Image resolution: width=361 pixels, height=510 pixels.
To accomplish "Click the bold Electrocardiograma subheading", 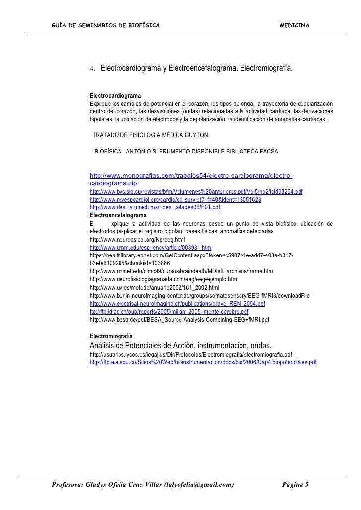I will tap(115, 95).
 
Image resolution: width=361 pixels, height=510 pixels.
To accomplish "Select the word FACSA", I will tap(267, 151).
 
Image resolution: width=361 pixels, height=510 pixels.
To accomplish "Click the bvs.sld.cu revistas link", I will tap(196, 192).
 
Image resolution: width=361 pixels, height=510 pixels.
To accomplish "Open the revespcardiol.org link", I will tap(176, 200).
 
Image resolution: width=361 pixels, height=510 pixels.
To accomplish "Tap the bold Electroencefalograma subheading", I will tap(118, 216).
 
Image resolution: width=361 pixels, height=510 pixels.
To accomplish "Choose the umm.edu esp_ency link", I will tap(150, 248).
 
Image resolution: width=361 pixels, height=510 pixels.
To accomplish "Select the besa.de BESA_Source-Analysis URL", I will tap(180, 320).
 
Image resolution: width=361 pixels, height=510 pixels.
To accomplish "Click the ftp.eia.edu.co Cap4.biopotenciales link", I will tap(203, 363).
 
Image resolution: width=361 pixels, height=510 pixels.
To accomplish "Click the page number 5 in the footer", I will tap(306, 484).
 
